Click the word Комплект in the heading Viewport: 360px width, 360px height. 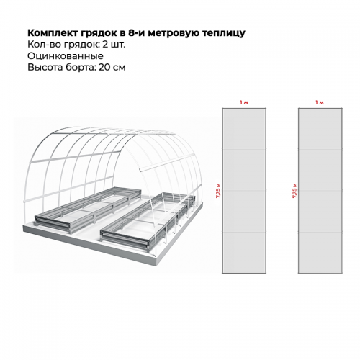point(52,33)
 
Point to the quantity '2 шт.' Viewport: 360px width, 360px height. point(114,45)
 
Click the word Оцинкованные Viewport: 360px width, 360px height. point(66,56)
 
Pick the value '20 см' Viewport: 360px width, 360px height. point(112,67)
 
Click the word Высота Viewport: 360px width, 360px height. point(45,67)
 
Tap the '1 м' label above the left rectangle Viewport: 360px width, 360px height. point(244,102)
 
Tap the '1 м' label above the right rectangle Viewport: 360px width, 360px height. point(320,102)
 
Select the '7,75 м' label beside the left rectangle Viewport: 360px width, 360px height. point(218,191)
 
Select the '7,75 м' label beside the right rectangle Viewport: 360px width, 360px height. point(294,191)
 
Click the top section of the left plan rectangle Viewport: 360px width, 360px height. point(244,129)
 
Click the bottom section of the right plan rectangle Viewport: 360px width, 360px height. point(320,253)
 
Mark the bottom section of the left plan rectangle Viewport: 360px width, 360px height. point(244,253)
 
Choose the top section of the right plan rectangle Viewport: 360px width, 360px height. point(320,129)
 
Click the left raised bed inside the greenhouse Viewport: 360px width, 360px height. point(88,210)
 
